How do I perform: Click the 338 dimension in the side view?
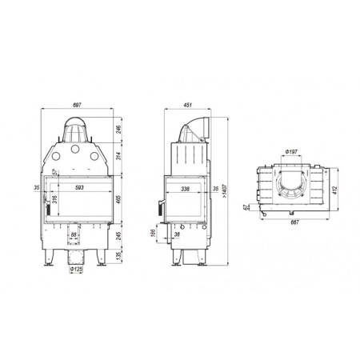tap(186, 189)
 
